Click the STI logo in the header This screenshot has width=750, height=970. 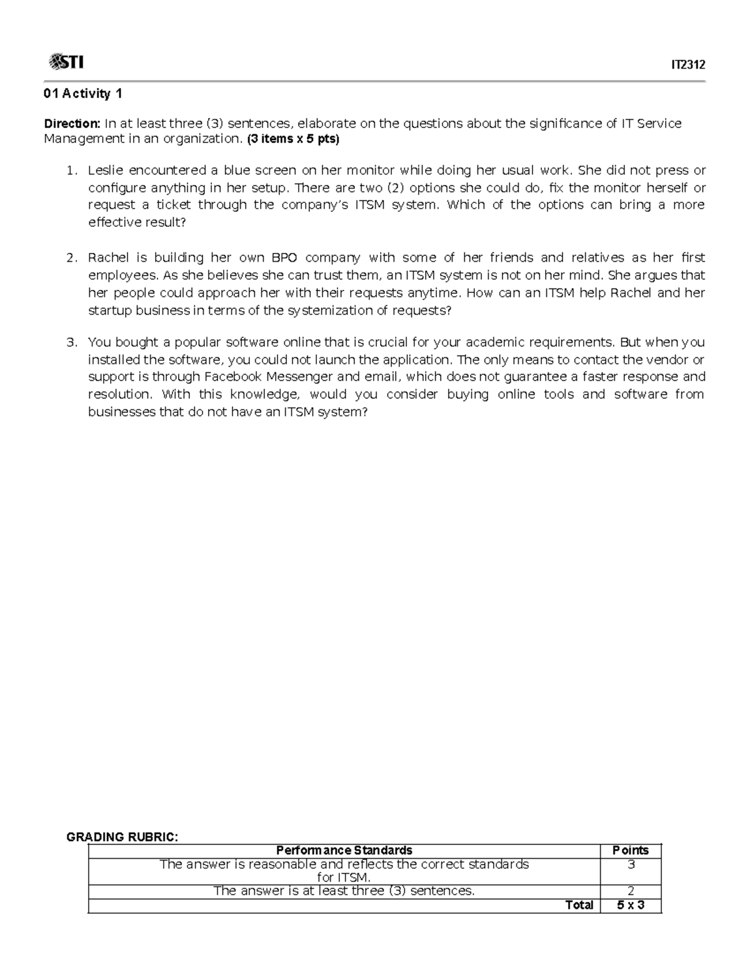click(66, 62)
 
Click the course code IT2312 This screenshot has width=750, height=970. click(687, 64)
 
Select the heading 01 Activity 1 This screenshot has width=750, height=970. click(82, 94)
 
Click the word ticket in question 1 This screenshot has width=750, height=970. click(173, 205)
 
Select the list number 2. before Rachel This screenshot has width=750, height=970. click(72, 258)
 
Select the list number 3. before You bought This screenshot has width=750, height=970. click(72, 342)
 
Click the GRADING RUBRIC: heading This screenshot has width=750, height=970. click(122, 838)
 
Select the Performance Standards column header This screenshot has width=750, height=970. click(344, 850)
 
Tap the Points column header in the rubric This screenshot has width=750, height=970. click(630, 850)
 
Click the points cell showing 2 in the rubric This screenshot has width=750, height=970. click(630, 891)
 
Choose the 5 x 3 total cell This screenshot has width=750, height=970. click(630, 905)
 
